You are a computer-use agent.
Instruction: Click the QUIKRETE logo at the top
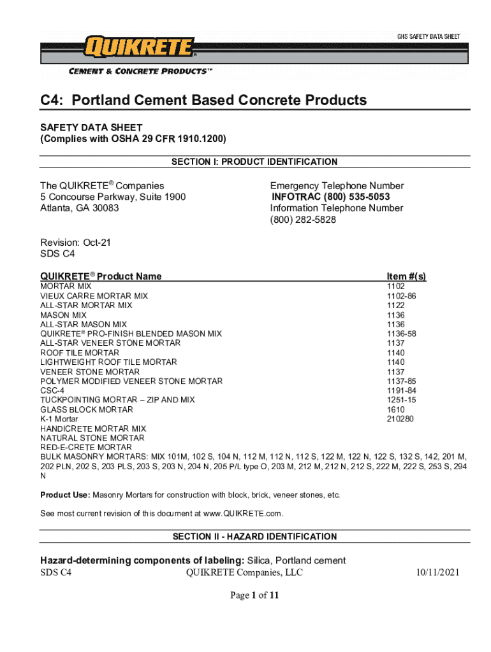(138, 47)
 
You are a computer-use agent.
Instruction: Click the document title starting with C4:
(203, 100)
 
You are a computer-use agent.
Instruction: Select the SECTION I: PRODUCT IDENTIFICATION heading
(255, 162)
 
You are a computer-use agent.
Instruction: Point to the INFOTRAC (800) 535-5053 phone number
(331, 197)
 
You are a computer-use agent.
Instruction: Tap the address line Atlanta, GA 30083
(80, 208)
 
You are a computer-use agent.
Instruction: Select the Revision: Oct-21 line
(70, 243)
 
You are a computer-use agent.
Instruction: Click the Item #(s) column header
(406, 276)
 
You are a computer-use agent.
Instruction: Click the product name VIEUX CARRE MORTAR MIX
(94, 296)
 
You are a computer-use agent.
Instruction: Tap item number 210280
(400, 419)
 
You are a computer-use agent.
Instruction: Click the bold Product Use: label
(66, 495)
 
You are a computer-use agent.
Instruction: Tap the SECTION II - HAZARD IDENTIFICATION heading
(255, 537)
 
